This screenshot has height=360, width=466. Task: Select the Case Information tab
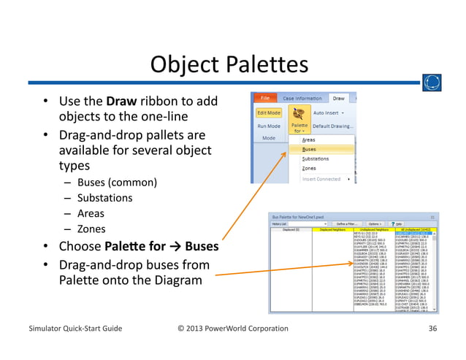(x=302, y=98)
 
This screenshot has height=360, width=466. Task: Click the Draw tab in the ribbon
(x=339, y=98)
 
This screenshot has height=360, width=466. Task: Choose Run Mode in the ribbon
(x=268, y=126)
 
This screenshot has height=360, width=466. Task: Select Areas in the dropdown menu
(x=309, y=139)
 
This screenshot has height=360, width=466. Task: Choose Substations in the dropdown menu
(x=316, y=158)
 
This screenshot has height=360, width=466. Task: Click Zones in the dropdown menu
(x=309, y=168)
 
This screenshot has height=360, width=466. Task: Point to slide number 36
(x=433, y=328)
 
